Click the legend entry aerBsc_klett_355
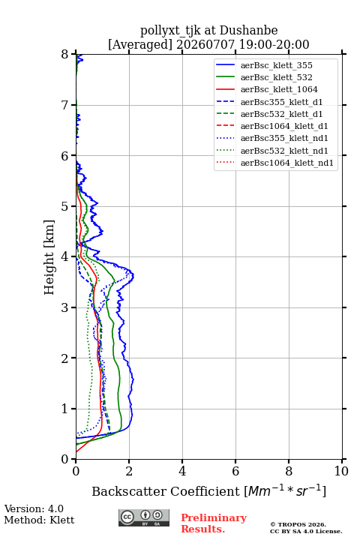(x=276, y=65)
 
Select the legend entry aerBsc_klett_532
(x=276, y=77)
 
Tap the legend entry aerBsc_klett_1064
(x=279, y=89)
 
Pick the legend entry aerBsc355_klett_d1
(x=281, y=102)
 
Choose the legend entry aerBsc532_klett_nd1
(x=284, y=151)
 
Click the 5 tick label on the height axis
(x=65, y=206)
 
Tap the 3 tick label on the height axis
(x=65, y=307)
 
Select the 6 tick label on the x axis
(x=235, y=471)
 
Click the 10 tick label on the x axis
(x=341, y=471)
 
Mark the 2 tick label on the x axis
(x=129, y=471)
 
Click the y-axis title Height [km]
(x=49, y=257)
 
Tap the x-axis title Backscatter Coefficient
(x=166, y=491)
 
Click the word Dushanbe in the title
(x=248, y=31)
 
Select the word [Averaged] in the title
(x=140, y=44)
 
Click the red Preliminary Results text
(x=214, y=523)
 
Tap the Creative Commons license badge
(x=144, y=517)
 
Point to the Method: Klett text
(x=39, y=520)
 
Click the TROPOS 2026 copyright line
(x=298, y=524)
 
